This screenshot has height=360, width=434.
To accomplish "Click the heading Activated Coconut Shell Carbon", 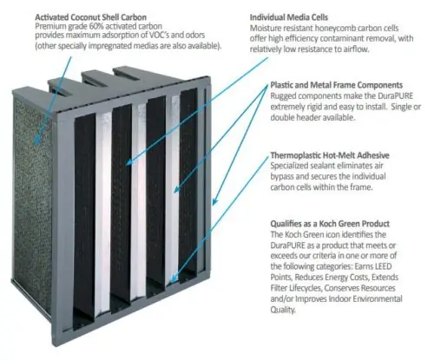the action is pyautogui.click(x=90, y=16).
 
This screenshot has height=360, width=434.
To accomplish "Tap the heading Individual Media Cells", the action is pyautogui.click(x=289, y=17).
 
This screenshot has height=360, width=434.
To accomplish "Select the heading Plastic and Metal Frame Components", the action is pyautogui.click(x=337, y=85).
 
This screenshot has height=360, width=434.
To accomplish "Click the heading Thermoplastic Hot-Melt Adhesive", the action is pyautogui.click(x=330, y=155).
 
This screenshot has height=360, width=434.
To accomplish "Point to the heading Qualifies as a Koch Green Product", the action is pyautogui.click(x=330, y=224).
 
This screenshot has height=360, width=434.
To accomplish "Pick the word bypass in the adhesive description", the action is pyautogui.click(x=280, y=177).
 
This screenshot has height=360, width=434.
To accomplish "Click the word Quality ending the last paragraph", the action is pyautogui.click(x=283, y=310).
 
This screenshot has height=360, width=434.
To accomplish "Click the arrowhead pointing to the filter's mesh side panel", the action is pyautogui.click(x=36, y=141).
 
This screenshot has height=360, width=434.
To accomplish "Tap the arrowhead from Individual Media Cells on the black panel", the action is pyautogui.click(x=129, y=162).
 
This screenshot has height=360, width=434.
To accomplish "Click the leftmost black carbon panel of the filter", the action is pyautogui.click(x=85, y=219).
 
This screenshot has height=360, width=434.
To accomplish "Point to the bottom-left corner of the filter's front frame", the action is pyautogui.click(x=54, y=346).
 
